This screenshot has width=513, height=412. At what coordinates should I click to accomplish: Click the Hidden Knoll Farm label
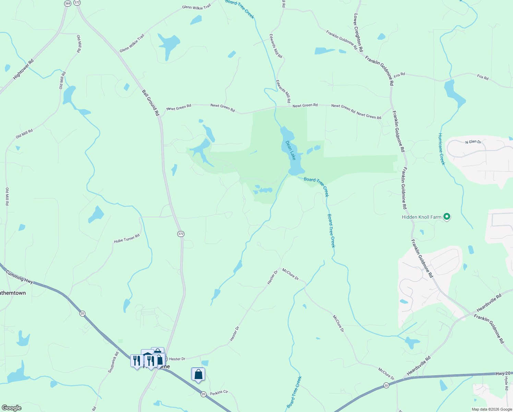421,217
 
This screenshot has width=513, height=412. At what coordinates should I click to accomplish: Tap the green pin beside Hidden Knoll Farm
446,217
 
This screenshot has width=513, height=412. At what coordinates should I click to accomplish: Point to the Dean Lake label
290,150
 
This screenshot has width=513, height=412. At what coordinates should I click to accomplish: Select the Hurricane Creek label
441,149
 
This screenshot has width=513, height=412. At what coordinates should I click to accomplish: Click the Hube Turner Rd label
127,239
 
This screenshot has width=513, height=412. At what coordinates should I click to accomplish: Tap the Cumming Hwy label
19,277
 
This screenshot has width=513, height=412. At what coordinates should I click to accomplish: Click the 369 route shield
68,3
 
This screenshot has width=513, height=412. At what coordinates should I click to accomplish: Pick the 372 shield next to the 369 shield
77,2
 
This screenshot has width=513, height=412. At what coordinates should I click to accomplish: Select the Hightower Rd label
23,69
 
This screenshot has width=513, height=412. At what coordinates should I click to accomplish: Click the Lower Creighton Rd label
358,33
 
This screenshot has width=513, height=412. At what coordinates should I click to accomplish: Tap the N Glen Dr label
473,142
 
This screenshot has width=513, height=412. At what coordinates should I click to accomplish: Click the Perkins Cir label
219,392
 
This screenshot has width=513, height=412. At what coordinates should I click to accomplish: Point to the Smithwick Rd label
113,362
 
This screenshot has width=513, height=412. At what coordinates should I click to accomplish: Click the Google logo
11,408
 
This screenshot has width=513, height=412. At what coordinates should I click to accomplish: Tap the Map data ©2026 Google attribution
492,409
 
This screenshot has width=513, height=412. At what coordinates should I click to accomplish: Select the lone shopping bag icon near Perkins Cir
198,374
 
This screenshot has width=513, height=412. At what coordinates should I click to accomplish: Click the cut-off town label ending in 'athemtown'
13,293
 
